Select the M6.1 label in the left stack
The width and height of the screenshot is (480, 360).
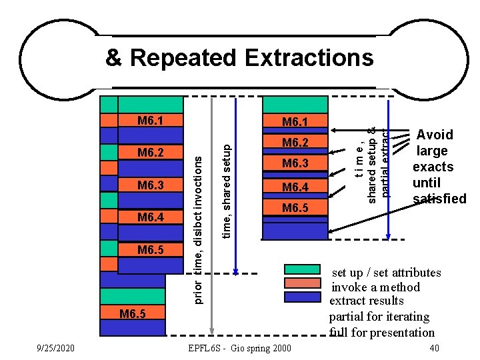(x=150, y=121)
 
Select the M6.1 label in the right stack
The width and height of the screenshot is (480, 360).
(x=295, y=122)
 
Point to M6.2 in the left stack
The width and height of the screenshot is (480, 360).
(x=150, y=152)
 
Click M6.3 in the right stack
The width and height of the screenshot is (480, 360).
(x=295, y=164)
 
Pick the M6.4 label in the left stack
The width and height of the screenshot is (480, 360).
(x=150, y=217)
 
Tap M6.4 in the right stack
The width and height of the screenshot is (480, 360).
(x=295, y=186)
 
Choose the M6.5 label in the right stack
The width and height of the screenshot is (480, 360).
(x=295, y=208)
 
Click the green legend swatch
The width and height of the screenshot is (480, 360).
(x=302, y=269)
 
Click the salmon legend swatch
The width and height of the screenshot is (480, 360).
(x=302, y=282)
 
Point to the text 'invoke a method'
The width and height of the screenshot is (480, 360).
(x=376, y=287)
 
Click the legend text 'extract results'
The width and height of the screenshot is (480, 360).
(x=367, y=301)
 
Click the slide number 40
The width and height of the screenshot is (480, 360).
(x=434, y=348)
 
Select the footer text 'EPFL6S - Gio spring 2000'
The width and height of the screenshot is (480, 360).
(x=240, y=348)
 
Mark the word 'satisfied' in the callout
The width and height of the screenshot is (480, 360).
(x=439, y=199)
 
